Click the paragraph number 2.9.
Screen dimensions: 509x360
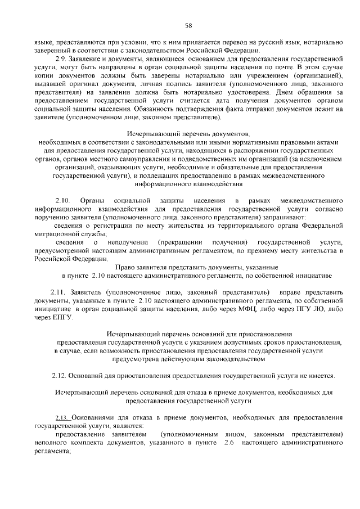(x=61, y=58)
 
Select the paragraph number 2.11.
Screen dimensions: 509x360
(x=58, y=292)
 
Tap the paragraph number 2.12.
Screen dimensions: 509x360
(x=59, y=375)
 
